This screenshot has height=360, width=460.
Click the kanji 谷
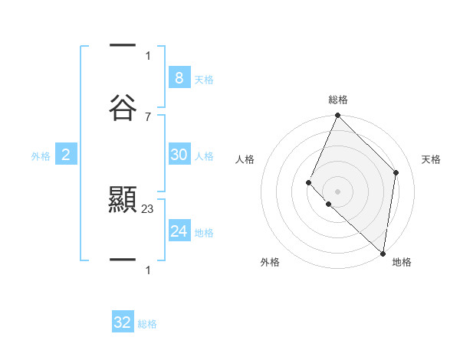123,107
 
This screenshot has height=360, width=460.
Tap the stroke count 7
148,116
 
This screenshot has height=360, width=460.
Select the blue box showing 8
179,78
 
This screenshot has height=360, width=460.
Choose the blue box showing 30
179,155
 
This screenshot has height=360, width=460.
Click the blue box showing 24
179,231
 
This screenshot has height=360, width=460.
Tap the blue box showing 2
66,155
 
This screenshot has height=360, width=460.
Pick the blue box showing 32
123,322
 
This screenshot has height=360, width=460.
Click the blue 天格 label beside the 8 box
204,80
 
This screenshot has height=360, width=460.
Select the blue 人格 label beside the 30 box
204,156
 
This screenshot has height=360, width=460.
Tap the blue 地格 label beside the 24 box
204,233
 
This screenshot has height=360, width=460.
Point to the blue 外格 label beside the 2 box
41,156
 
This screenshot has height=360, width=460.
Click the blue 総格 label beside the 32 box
147,324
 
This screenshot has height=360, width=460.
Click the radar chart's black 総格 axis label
338,100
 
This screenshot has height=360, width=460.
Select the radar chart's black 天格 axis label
431,159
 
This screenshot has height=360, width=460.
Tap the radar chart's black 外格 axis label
270,262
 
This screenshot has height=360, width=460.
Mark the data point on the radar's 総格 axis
337,116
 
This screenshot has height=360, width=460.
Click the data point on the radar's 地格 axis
383,253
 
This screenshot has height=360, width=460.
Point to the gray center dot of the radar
337,191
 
